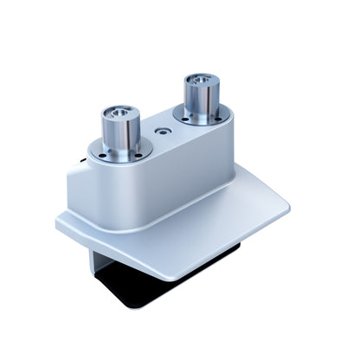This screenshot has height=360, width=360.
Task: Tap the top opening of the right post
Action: [201, 82]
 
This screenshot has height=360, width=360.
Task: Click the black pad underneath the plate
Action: [130, 290]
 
